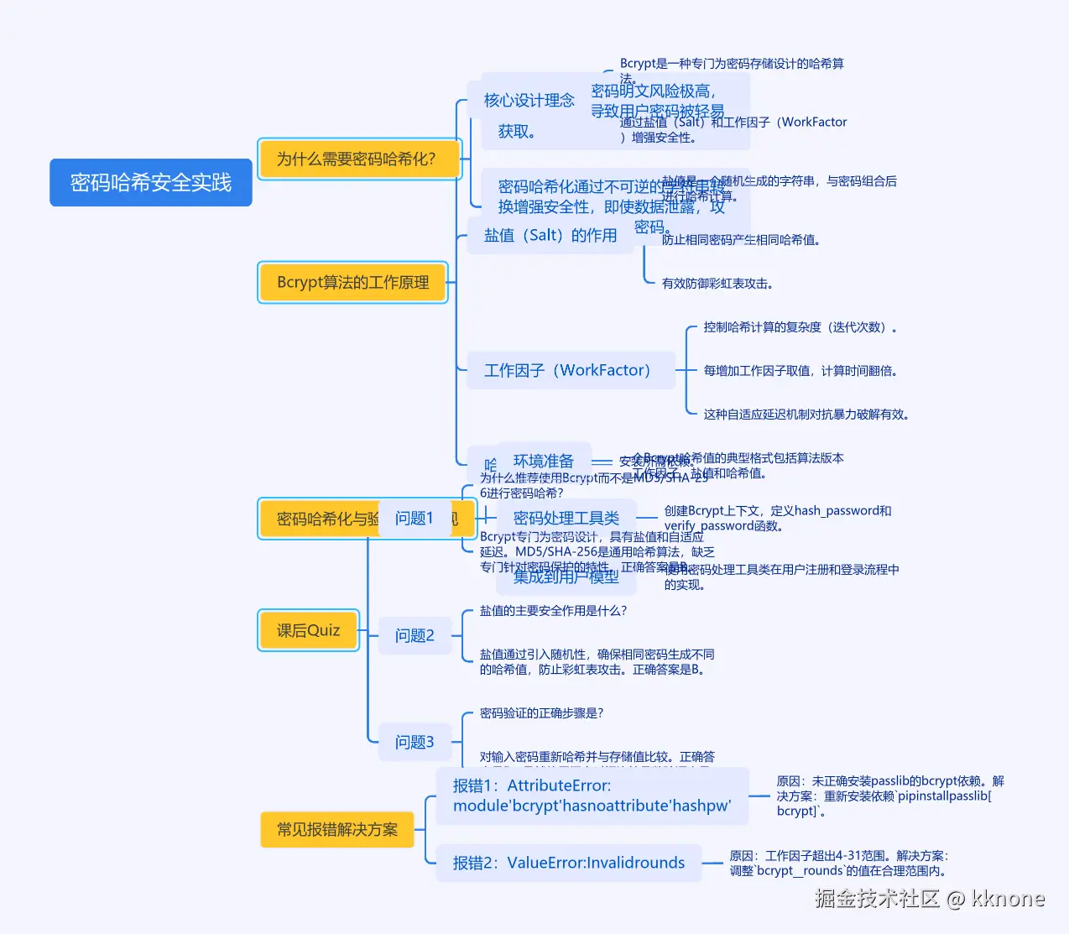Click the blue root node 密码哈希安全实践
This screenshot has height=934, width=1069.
[151, 182]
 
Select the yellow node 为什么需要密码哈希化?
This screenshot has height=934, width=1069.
[359, 159]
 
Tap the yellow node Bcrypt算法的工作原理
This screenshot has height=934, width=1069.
[352, 282]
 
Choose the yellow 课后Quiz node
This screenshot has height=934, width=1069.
[308, 630]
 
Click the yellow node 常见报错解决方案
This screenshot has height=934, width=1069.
[337, 829]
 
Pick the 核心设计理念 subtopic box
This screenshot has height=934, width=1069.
[529, 101]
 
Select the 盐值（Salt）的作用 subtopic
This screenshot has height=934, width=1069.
[550, 235]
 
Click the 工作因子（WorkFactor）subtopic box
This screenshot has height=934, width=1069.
[569, 370]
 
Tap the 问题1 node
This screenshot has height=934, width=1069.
[415, 518]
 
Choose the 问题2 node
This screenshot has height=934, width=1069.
[415, 635]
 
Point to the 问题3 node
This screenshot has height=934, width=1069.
[415, 742]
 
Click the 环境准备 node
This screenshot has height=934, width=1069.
[544, 461]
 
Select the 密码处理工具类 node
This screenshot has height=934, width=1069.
[566, 518]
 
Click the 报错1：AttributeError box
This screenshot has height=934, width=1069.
[592, 796]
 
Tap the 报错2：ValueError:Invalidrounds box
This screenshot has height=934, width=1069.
[569, 863]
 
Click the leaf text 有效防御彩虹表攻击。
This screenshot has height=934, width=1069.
[717, 284]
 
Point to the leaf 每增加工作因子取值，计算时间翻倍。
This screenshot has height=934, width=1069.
[800, 370]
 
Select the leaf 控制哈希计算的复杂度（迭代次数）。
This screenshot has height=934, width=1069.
[801, 326]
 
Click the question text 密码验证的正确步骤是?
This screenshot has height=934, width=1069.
[541, 712]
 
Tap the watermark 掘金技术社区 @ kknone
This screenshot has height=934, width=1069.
[929, 899]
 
